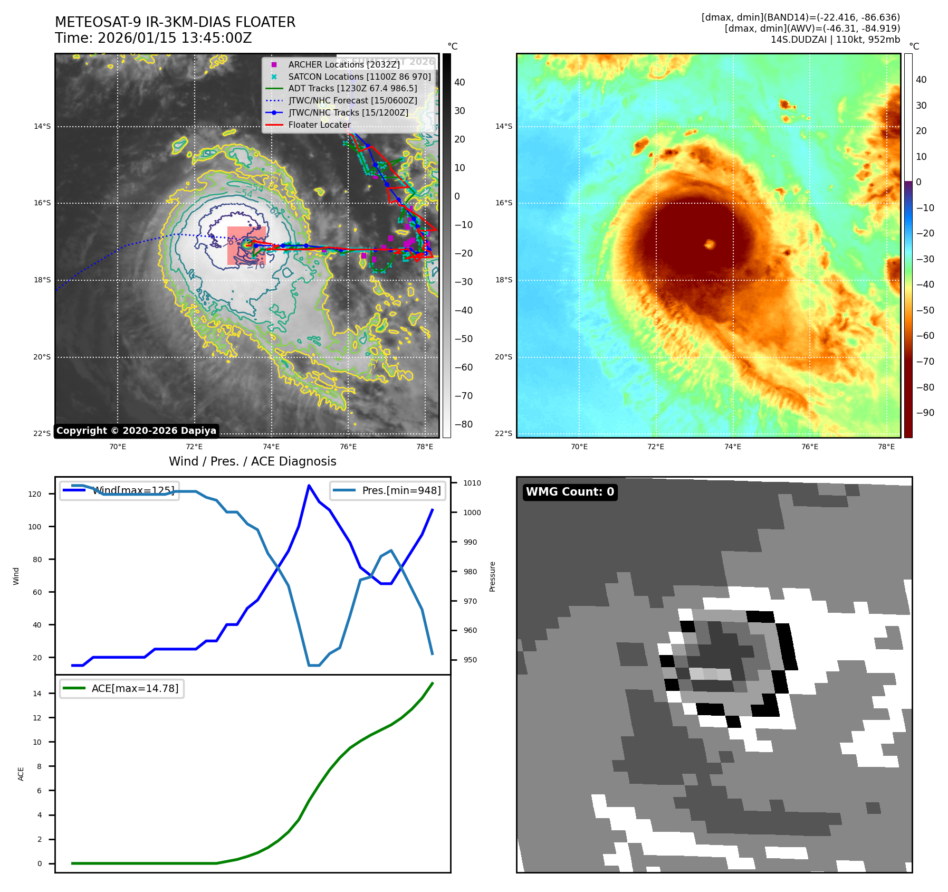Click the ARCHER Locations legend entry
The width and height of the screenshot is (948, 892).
click(343, 64)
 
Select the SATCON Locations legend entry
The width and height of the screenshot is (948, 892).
click(359, 77)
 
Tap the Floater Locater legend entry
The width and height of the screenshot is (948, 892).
click(319, 125)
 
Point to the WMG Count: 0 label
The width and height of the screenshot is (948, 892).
click(570, 492)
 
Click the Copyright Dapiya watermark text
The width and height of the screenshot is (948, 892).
click(136, 431)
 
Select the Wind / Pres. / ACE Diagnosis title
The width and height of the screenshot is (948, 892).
click(252, 461)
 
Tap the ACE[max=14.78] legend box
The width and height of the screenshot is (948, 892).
click(122, 688)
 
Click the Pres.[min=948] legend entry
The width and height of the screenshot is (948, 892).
click(388, 490)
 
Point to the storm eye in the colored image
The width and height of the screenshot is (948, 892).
click(710, 244)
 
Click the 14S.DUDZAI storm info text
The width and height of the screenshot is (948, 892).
click(835, 40)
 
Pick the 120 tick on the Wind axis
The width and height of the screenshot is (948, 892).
click(35, 494)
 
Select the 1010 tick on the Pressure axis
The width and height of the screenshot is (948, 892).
click(472, 483)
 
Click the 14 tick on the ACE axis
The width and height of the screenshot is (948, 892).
click(37, 694)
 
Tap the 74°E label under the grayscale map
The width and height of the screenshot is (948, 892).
click(271, 447)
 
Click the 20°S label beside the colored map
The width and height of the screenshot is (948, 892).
click(503, 357)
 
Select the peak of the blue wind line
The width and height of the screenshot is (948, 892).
click(309, 486)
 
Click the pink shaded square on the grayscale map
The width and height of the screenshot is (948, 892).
click(246, 245)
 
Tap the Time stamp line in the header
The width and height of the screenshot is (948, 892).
click(154, 38)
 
